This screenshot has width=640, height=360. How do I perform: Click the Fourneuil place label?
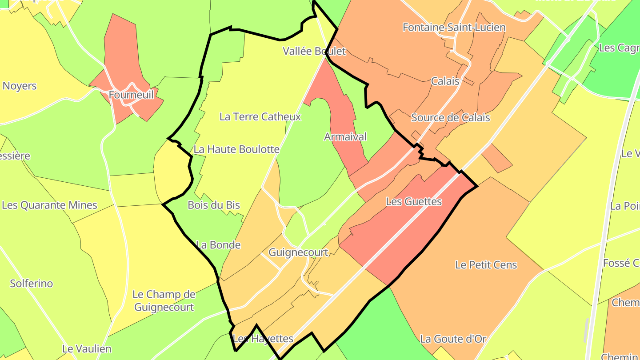point(131,94)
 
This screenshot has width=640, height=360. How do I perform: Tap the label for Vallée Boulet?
point(314,51)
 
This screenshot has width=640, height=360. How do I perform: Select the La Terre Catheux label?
point(260,116)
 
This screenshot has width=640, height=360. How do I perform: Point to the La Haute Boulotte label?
point(236,149)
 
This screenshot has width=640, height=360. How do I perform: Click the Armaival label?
point(345,137)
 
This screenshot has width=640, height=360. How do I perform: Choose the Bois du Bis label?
point(214,205)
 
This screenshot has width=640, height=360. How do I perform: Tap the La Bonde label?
point(218,245)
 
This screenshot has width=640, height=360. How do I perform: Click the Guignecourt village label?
point(298,252)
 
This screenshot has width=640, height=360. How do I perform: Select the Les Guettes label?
point(414,201)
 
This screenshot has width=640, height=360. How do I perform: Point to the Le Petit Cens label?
point(486,265)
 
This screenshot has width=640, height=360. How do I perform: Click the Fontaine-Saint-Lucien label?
point(454,28)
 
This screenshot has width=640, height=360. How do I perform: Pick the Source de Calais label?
point(450,117)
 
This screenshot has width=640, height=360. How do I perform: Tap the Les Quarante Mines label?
point(49,205)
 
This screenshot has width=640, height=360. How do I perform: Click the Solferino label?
point(32,284)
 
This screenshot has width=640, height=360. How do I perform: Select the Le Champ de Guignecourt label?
point(164,300)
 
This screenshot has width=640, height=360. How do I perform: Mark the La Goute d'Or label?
point(453,339)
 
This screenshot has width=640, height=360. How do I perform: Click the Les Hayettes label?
point(263,339)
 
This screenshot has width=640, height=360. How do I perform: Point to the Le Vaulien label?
point(87,349)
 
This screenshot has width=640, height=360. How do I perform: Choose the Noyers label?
point(20,86)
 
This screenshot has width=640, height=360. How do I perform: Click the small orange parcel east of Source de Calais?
point(497,157)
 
